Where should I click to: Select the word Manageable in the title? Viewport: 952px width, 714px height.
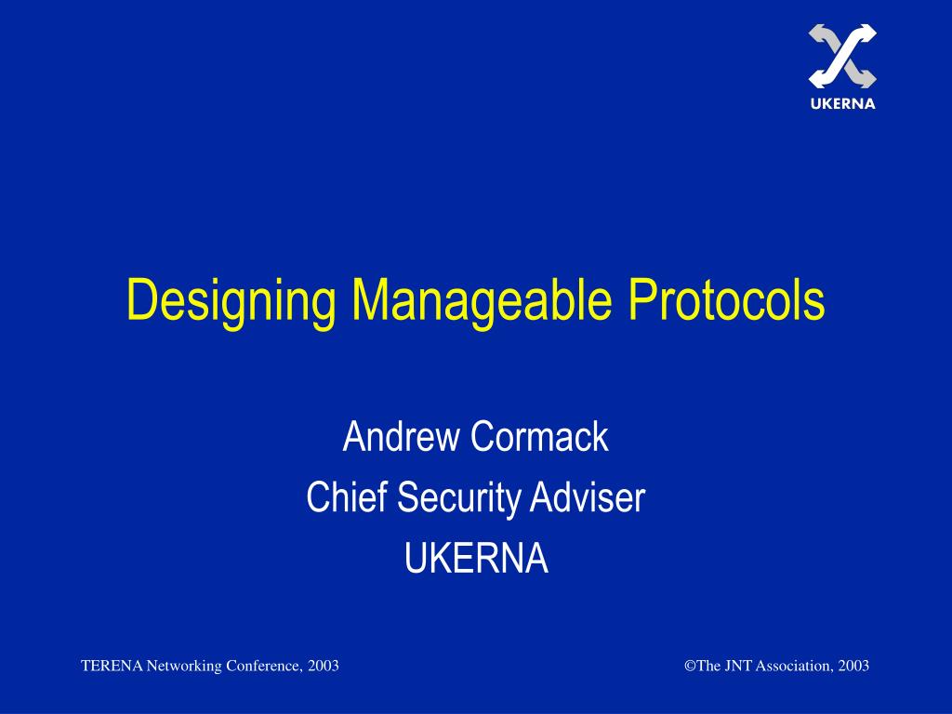tap(483, 301)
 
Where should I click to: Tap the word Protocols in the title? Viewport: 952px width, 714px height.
tap(726, 299)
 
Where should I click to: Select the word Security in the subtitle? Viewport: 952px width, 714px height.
tap(461, 499)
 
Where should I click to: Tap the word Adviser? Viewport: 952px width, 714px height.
tap(588, 498)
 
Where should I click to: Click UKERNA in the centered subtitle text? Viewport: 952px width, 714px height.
tap(476, 560)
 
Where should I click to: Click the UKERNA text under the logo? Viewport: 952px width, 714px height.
tap(842, 104)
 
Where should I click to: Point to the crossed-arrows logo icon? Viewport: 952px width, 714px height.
tap(842, 57)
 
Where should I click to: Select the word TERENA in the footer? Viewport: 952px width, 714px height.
tap(112, 666)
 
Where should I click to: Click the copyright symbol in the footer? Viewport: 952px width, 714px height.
tap(690, 666)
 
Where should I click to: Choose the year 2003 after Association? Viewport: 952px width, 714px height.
tap(853, 666)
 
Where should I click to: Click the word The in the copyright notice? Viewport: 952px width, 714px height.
tap(707, 666)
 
